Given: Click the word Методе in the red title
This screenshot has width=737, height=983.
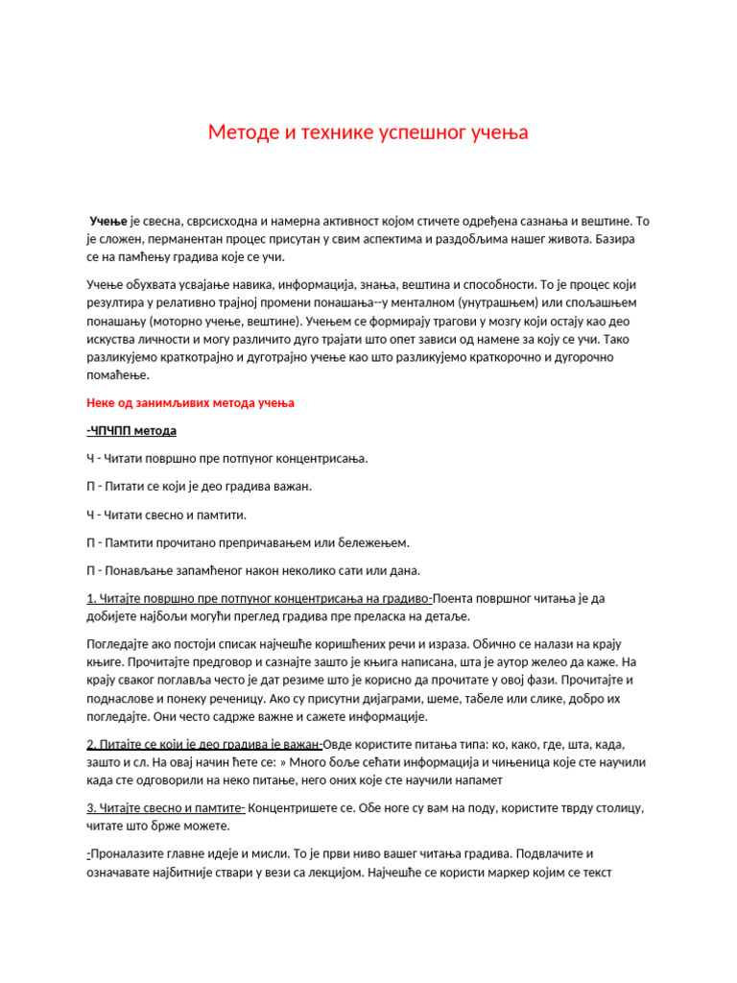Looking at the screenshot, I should click(240, 133).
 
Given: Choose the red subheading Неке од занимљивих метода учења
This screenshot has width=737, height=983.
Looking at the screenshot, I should click(190, 403).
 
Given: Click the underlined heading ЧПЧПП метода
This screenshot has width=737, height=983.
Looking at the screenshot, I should click(131, 430).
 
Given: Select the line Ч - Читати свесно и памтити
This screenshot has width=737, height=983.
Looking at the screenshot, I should click(166, 515).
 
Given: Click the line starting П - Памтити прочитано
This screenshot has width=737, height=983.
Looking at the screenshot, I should click(248, 542).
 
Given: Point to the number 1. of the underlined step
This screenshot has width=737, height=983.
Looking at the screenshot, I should click(90, 598).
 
